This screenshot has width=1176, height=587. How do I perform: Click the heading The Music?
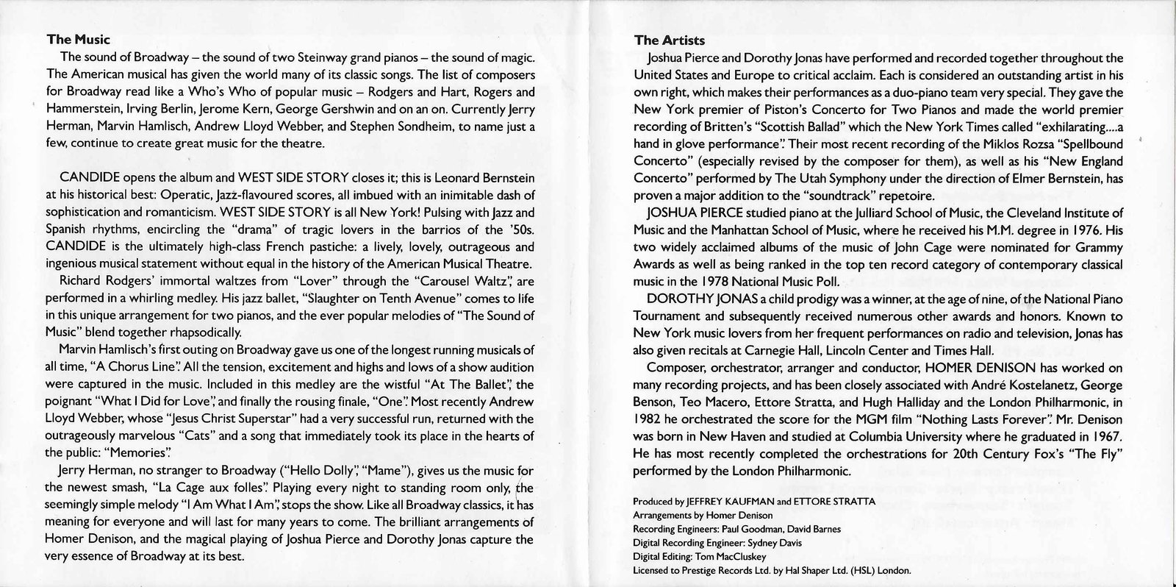(x=78, y=40)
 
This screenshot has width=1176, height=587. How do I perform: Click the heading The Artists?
(x=670, y=40)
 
